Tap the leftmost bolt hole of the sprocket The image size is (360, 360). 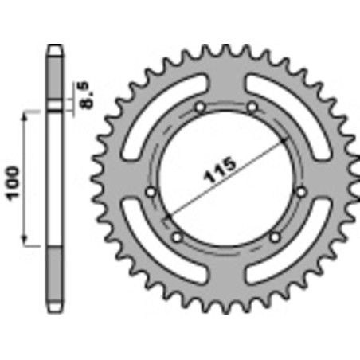tap(151, 190)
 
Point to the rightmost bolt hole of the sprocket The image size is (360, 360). tap(300, 190)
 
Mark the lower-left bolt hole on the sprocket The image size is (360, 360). tap(177, 236)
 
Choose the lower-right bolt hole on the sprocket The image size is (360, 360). tap(276, 236)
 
